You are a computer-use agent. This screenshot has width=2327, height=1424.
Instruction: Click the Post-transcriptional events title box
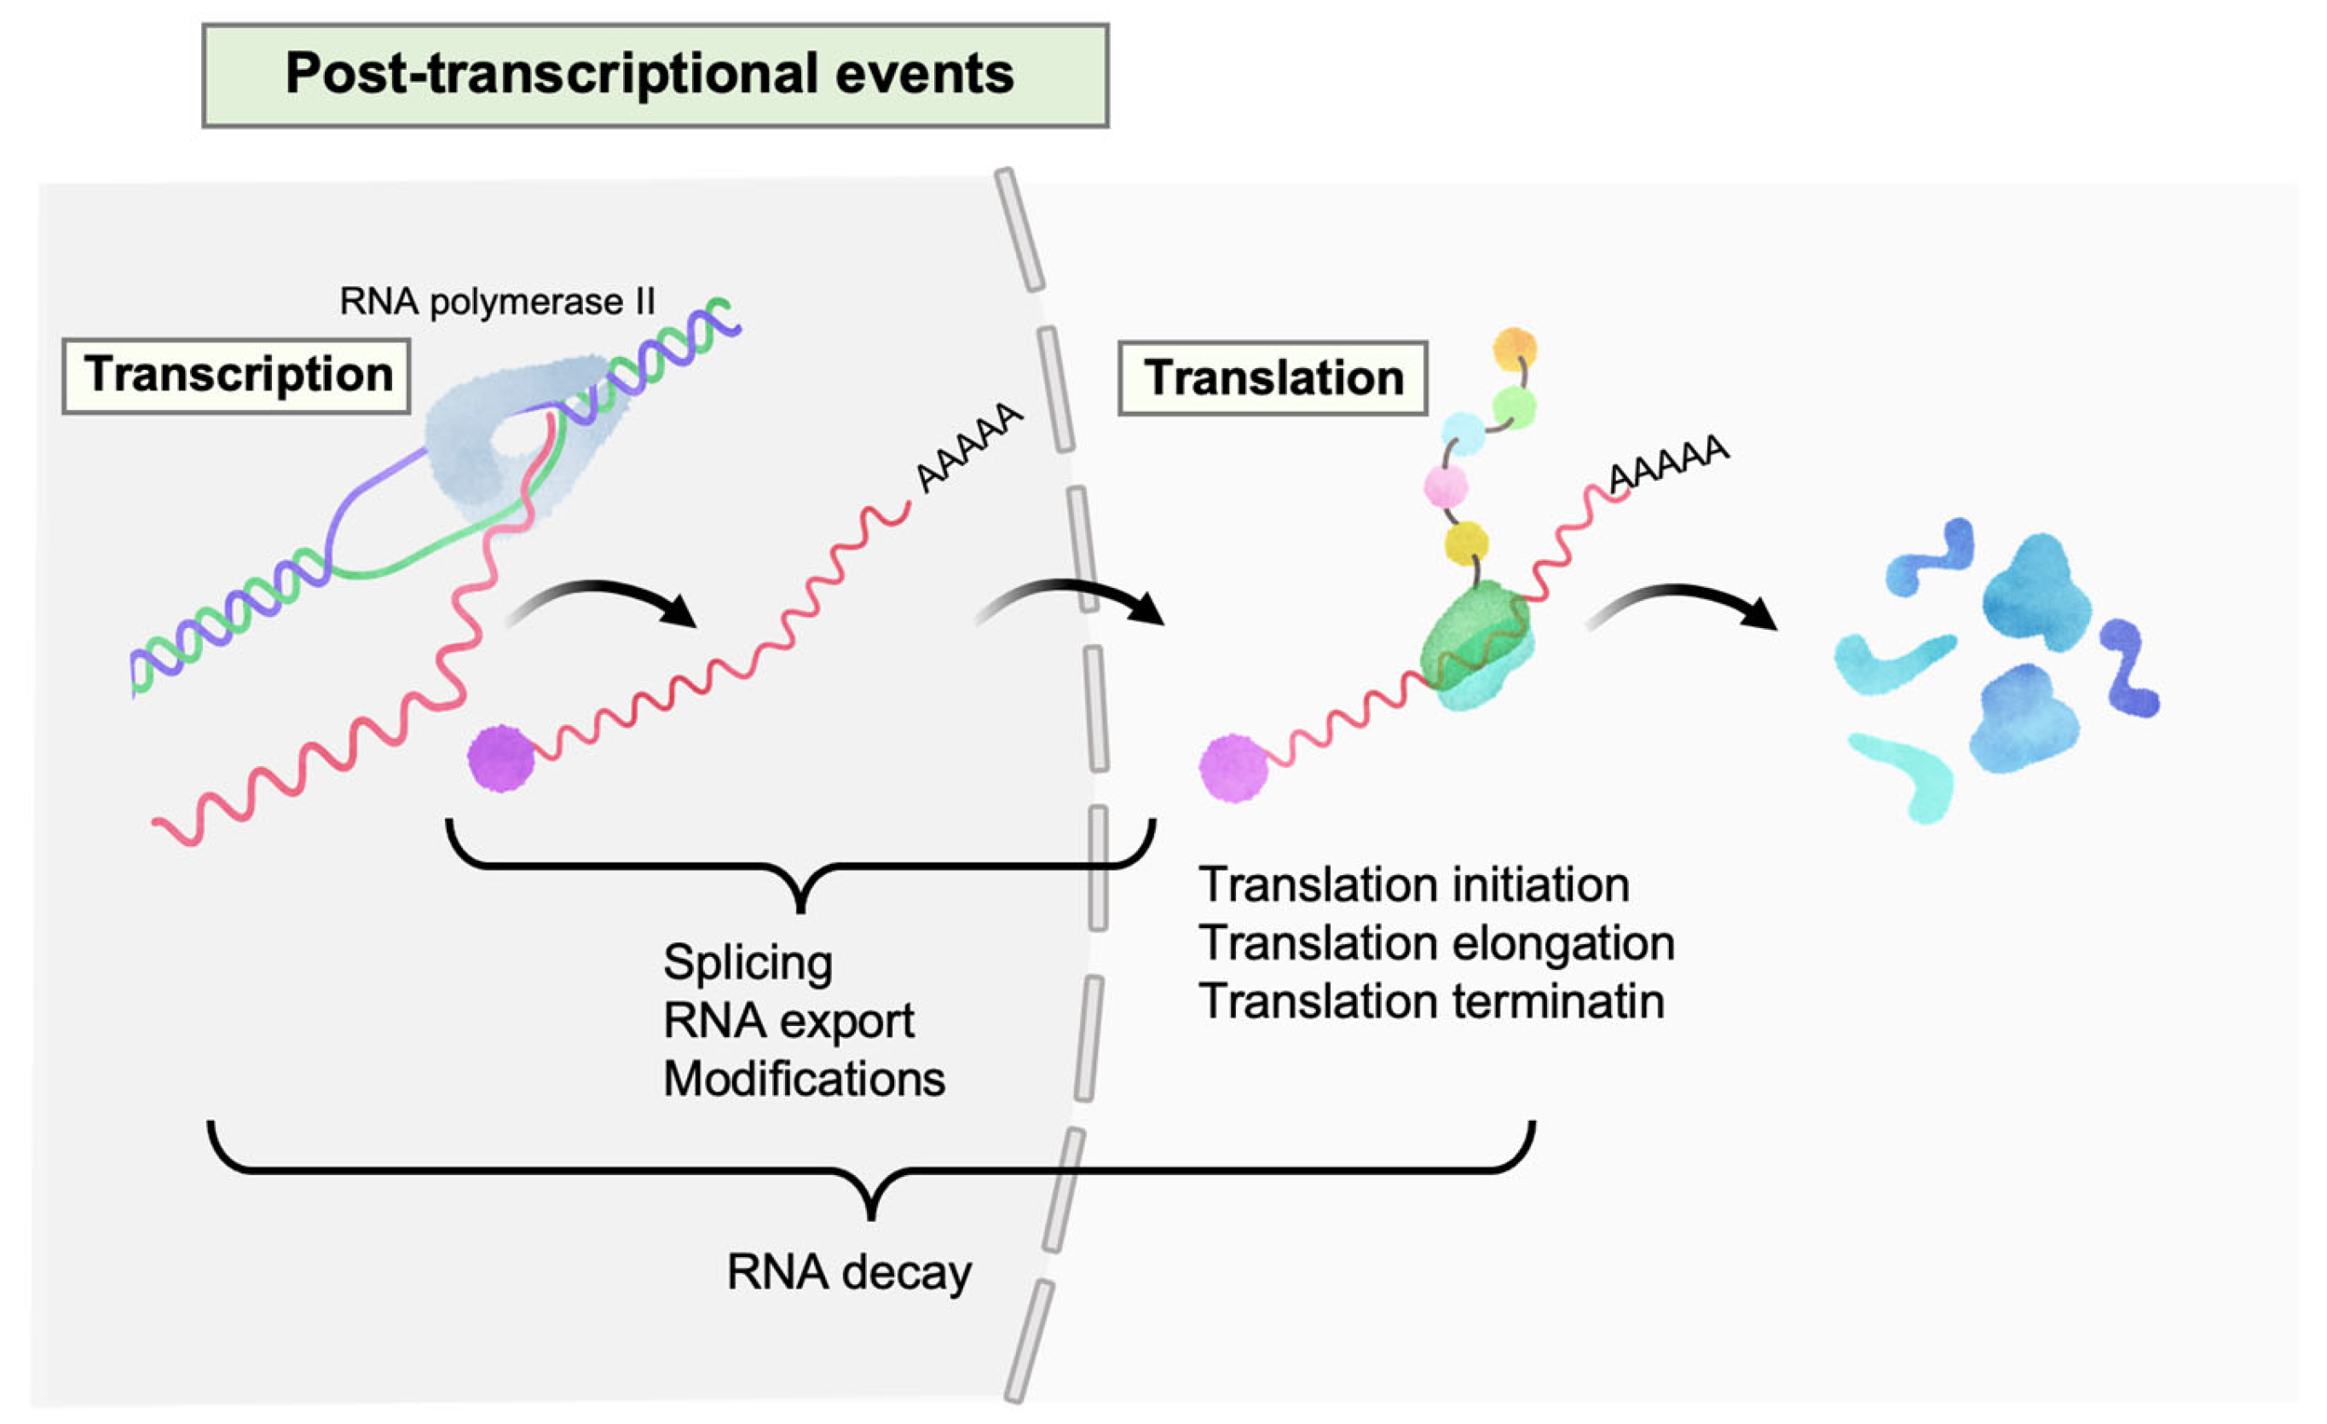655,76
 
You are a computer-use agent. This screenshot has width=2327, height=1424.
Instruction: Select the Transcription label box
236,376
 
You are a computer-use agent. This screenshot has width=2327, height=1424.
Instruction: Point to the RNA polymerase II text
497,301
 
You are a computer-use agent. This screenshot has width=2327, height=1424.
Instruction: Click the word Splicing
748,963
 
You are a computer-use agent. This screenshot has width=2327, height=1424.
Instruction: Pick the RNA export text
788,1021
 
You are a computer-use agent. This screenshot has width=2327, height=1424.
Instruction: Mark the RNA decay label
849,1272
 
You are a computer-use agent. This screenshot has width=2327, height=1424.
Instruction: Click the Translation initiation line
1414,885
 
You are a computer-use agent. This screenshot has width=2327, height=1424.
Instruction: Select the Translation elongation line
1436,943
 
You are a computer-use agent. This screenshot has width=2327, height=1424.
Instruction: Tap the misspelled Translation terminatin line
1432,1001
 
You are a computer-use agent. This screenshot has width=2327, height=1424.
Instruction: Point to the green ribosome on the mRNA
1476,646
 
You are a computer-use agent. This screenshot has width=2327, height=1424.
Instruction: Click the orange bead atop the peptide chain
1515,349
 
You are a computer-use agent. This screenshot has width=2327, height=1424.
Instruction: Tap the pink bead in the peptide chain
1446,487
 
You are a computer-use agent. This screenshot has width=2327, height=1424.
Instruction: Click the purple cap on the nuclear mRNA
501,758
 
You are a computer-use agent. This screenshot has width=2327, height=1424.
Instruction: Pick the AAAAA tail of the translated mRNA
1668,464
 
